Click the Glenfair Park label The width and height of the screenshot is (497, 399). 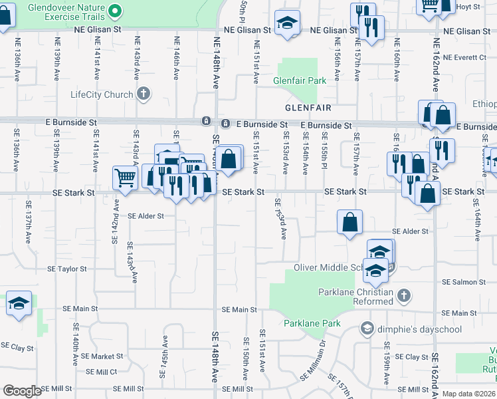click(x=300, y=80)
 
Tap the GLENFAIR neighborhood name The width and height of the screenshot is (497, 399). click(x=308, y=107)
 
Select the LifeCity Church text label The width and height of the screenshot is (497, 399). click(x=102, y=94)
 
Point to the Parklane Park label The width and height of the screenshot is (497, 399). click(x=312, y=324)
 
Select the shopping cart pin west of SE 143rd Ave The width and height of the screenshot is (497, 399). click(x=125, y=177)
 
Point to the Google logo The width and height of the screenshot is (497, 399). click(x=21, y=391)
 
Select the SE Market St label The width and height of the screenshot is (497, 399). click(x=98, y=356)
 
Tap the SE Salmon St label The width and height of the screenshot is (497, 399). click(x=464, y=282)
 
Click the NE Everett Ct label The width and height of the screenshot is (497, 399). click(x=464, y=58)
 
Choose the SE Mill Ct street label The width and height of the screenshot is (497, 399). click(x=100, y=372)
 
